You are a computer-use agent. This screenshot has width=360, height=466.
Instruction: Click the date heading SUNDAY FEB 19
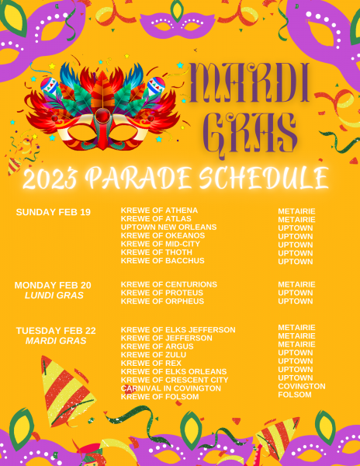(53, 212)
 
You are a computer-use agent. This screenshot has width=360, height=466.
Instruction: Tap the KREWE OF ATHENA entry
(159, 210)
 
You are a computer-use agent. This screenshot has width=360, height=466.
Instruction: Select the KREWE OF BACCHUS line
(163, 261)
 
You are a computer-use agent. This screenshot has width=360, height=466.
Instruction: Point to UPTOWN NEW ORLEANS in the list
(168, 227)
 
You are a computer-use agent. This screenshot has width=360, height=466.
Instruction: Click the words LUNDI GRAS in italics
(54, 295)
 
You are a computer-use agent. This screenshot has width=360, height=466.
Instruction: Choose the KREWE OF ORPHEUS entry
(162, 301)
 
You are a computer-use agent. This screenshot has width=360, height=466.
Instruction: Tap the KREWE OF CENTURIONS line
(169, 284)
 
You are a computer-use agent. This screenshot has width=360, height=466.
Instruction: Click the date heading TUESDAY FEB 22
(56, 331)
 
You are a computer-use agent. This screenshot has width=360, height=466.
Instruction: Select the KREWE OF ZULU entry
(154, 355)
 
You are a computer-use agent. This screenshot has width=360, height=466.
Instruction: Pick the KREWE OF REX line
(151, 363)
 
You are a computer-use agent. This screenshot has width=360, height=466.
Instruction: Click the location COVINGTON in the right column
(302, 386)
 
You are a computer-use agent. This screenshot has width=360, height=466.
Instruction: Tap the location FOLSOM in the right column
(295, 395)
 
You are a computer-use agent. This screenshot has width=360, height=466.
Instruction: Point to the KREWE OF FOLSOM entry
(160, 397)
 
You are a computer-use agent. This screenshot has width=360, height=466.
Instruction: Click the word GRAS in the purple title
(250, 134)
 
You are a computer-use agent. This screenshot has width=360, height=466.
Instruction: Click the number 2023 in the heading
(50, 179)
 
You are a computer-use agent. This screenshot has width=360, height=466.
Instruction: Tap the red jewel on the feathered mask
(103, 115)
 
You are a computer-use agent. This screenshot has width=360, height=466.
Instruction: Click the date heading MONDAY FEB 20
(53, 285)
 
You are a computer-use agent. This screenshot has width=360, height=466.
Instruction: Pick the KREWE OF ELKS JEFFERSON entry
(178, 330)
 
